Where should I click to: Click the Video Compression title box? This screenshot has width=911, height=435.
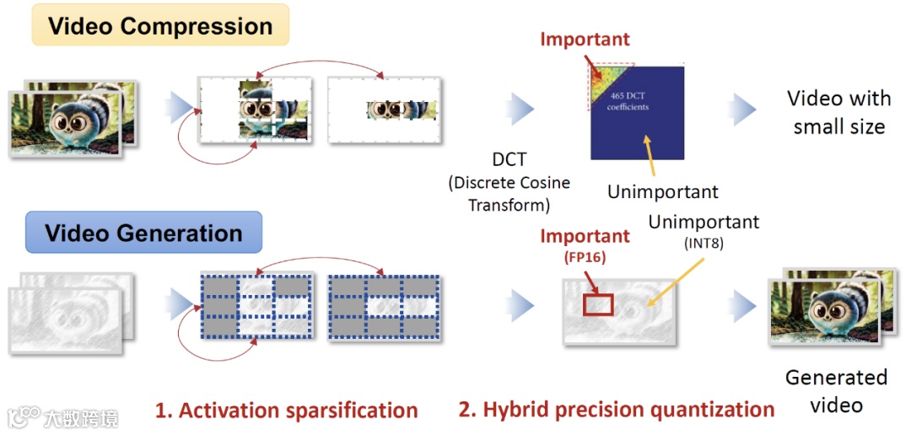pyautogui.click(x=160, y=25)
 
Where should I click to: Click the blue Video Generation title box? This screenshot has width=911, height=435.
pyautogui.click(x=143, y=233)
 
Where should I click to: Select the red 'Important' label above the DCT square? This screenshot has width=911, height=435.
pyautogui.click(x=585, y=39)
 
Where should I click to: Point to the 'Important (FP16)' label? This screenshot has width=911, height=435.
pyautogui.click(x=585, y=244)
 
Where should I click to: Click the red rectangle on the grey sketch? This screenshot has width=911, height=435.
pyautogui.click(x=600, y=304)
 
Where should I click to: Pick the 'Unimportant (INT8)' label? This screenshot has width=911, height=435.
pyautogui.click(x=703, y=230)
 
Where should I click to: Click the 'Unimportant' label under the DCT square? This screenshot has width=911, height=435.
pyautogui.click(x=663, y=191)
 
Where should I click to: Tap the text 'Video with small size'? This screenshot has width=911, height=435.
pyautogui.click(x=838, y=112)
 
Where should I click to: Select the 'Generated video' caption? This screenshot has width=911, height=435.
pyautogui.click(x=836, y=390)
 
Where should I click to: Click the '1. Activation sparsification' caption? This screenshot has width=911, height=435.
pyautogui.click(x=286, y=411)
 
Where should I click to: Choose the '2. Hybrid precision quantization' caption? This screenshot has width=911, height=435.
pyautogui.click(x=617, y=411)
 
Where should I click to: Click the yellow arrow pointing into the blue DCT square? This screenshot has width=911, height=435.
pyautogui.click(x=646, y=155)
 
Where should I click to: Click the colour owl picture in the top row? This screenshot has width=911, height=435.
pyautogui.click(x=72, y=118)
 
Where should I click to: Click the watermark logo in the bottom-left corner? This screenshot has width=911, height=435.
pyautogui.click(x=25, y=416)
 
